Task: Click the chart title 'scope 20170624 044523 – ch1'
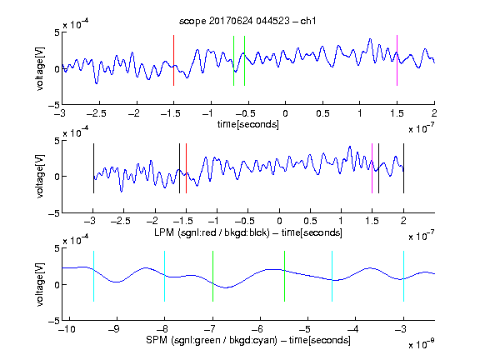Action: tap(247, 21)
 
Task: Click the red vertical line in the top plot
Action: tap(173, 61)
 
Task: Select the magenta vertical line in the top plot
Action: tap(397, 61)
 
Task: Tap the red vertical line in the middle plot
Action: tap(186, 168)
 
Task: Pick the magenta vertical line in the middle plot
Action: tap(372, 168)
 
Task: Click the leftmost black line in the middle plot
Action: tap(93, 168)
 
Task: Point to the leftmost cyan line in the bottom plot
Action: tap(93, 277)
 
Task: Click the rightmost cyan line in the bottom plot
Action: tap(403, 277)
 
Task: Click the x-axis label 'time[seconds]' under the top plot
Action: tap(248, 125)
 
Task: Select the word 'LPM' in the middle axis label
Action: tap(164, 232)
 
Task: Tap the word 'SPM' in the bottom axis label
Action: tap(157, 340)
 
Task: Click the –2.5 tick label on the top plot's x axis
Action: tap(97, 113)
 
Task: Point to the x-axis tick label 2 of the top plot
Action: tap(434, 113)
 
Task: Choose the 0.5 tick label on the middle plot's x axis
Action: tap(310, 221)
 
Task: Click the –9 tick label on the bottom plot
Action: tap(114, 329)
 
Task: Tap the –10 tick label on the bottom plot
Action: tap(67, 329)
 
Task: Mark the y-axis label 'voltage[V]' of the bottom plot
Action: tap(40, 284)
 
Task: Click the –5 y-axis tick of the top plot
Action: tap(54, 105)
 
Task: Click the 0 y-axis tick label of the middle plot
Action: tap(57, 177)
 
